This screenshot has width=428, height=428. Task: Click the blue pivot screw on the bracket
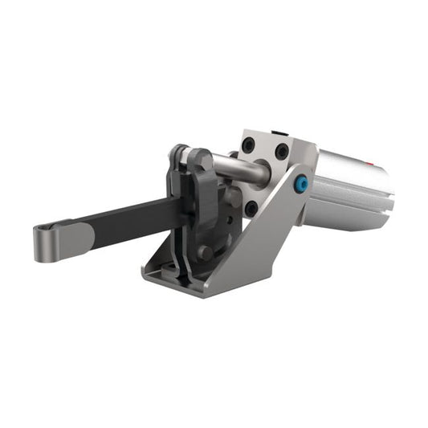(x=300, y=184)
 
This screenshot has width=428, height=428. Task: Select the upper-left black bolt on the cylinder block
(x=249, y=145)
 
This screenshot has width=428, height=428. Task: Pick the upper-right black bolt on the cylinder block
(x=280, y=151)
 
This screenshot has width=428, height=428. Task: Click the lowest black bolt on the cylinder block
(x=251, y=207)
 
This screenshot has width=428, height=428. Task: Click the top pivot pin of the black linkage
(x=183, y=153)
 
